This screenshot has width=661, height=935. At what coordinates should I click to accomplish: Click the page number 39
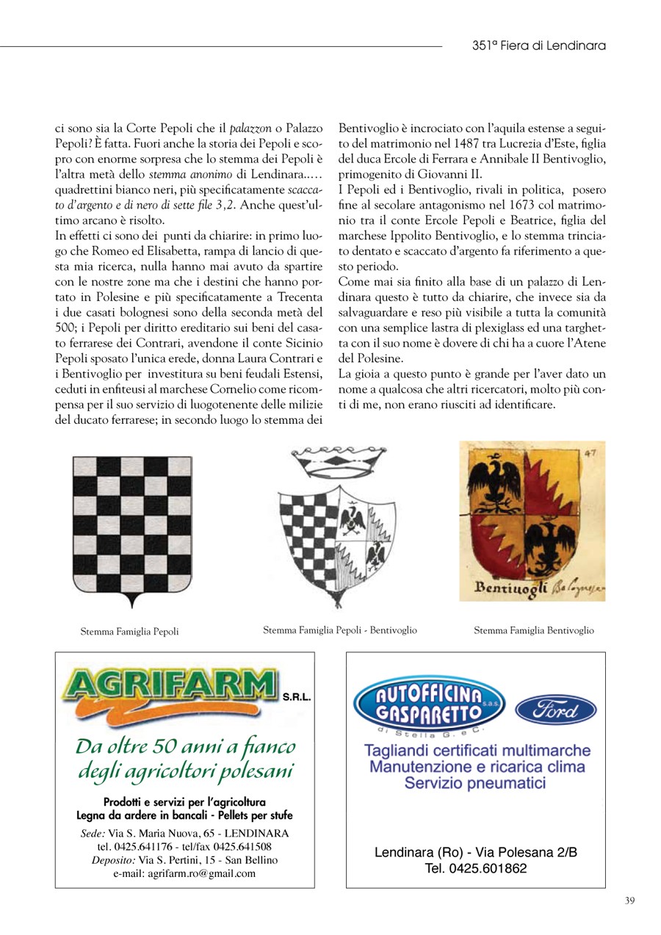point(629,900)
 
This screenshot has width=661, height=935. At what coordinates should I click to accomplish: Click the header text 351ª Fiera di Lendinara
point(538,46)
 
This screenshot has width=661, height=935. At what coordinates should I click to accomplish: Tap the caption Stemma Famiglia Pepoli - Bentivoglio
point(340,630)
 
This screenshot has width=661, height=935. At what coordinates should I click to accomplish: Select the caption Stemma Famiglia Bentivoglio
point(534,630)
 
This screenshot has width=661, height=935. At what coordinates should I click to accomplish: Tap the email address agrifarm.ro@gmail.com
point(184,873)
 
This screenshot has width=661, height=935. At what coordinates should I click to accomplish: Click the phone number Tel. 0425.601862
point(475,868)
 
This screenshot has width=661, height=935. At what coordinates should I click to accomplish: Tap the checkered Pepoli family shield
point(132,529)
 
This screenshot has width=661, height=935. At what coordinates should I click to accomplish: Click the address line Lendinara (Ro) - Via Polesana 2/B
point(475,853)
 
